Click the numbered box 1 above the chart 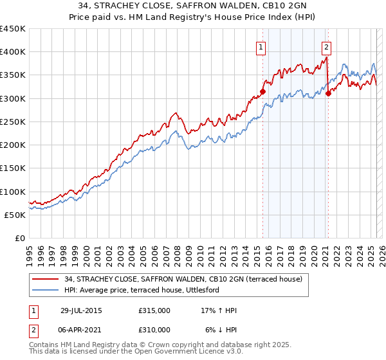[261, 46]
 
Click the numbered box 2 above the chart [327, 46]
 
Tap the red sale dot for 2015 [262, 92]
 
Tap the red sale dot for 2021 [328, 94]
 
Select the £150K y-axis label [13, 168]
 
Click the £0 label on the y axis [20, 239]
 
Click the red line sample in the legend [45, 278]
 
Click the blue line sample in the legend [45, 291]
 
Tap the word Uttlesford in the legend [219, 291]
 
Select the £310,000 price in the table [154, 330]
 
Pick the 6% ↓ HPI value [219, 330]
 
